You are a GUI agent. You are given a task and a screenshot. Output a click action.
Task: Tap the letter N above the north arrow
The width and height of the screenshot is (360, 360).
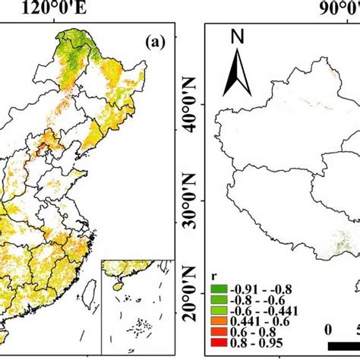[x=237, y=36]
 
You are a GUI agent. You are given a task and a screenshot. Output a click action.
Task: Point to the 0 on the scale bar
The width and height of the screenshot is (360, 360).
[x=328, y=330]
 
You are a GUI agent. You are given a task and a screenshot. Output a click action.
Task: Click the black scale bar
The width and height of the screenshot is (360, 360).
[x=346, y=346]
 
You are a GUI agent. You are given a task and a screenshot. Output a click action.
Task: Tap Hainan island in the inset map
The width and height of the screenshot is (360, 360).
[x=118, y=287]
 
